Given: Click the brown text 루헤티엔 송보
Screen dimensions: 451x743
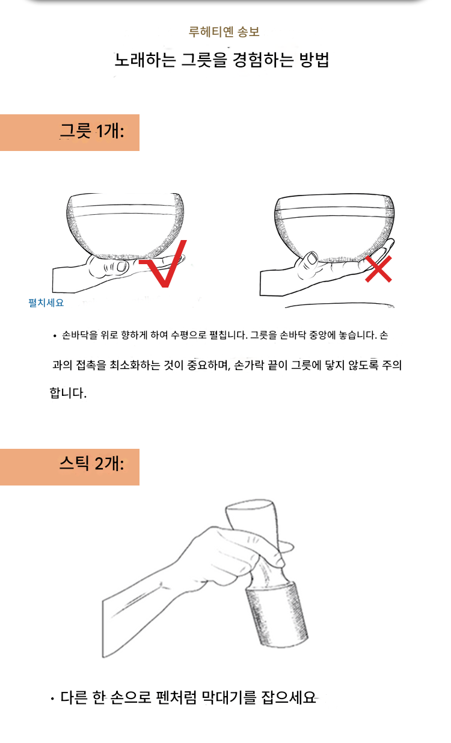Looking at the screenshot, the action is coord(224,32).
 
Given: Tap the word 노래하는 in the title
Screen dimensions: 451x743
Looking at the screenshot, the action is coord(146,60).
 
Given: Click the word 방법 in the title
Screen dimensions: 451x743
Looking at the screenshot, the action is coord(314,60).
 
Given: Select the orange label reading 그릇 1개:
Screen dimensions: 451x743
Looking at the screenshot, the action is coord(70,133).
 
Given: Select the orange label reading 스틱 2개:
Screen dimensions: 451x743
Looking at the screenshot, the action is coord(70,467).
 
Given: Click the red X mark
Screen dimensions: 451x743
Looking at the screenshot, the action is coord(378,269).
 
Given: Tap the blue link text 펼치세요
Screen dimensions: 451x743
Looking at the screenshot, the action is coord(46,303).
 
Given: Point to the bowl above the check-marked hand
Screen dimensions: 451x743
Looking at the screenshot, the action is coord(124,226).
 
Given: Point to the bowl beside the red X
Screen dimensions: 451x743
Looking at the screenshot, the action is coord(334,227).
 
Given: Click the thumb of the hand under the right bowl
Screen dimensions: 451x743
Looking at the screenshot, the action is coord(308,262).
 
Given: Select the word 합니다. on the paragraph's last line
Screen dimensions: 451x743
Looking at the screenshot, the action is coord(68,393).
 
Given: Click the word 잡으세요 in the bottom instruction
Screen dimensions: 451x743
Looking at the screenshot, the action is coord(289,697).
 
